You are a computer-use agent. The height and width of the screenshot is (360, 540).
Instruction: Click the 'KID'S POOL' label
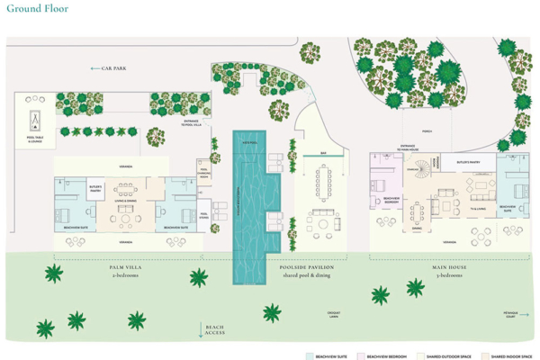(246, 142)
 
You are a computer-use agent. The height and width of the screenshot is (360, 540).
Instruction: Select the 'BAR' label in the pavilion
(323, 153)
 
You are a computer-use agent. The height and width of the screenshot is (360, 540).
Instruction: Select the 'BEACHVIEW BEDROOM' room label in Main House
(391, 199)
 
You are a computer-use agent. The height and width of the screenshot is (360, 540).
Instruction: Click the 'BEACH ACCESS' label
(215, 330)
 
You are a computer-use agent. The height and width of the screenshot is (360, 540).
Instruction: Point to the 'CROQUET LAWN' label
(334, 314)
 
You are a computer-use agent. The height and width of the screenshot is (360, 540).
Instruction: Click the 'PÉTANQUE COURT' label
(511, 314)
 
